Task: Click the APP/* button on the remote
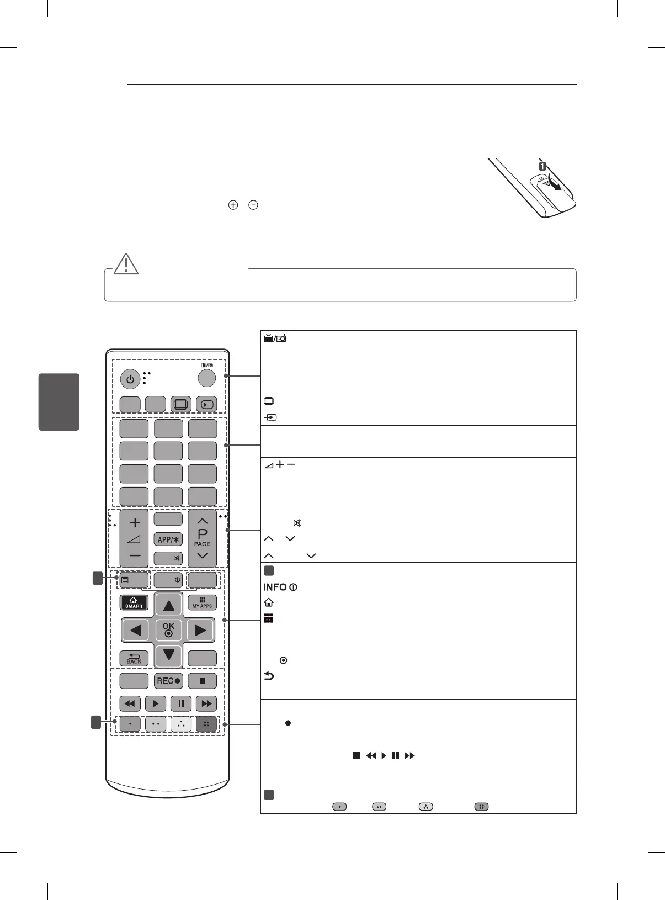(168, 539)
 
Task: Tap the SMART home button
(134, 602)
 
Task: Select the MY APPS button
(202, 602)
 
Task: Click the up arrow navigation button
(168, 606)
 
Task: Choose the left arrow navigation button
(136, 630)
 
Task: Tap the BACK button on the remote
(134, 658)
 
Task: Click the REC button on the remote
(168, 681)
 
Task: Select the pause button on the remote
(181, 704)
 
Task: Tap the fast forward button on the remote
(206, 704)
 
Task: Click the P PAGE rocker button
(202, 538)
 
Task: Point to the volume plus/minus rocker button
(135, 538)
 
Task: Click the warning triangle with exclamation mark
(126, 263)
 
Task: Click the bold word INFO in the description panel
(275, 587)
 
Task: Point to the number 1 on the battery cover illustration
(542, 165)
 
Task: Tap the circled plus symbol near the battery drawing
(233, 205)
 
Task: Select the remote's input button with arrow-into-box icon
(206, 405)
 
